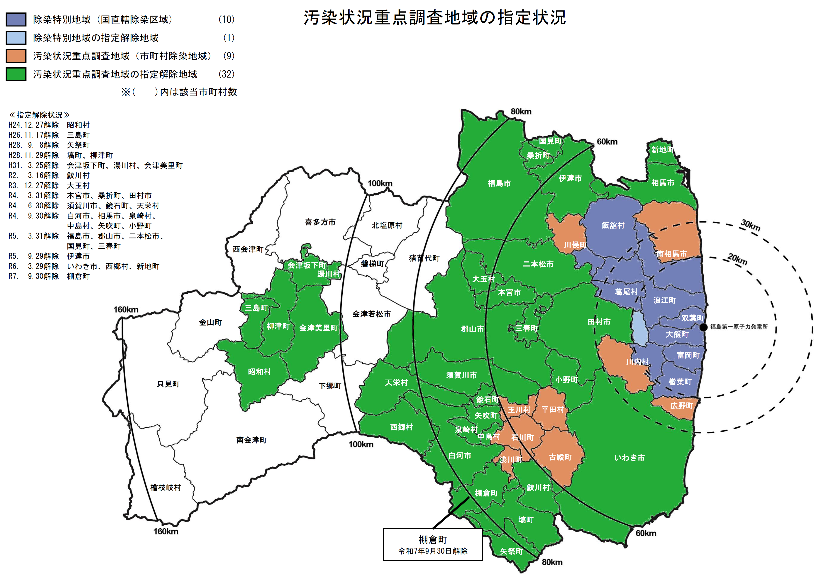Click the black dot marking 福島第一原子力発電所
703,327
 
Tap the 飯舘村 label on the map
613,225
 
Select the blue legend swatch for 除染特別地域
16,19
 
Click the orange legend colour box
16,56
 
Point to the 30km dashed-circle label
751,225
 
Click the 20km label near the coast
737,259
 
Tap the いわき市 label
629,458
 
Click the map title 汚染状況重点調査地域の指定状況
435,18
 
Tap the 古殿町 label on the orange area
560,457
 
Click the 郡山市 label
472,329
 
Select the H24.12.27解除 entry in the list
34,125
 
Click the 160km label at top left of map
126,309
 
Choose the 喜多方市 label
320,222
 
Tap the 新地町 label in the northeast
662,150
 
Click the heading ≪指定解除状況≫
39,115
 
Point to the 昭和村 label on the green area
259,372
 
